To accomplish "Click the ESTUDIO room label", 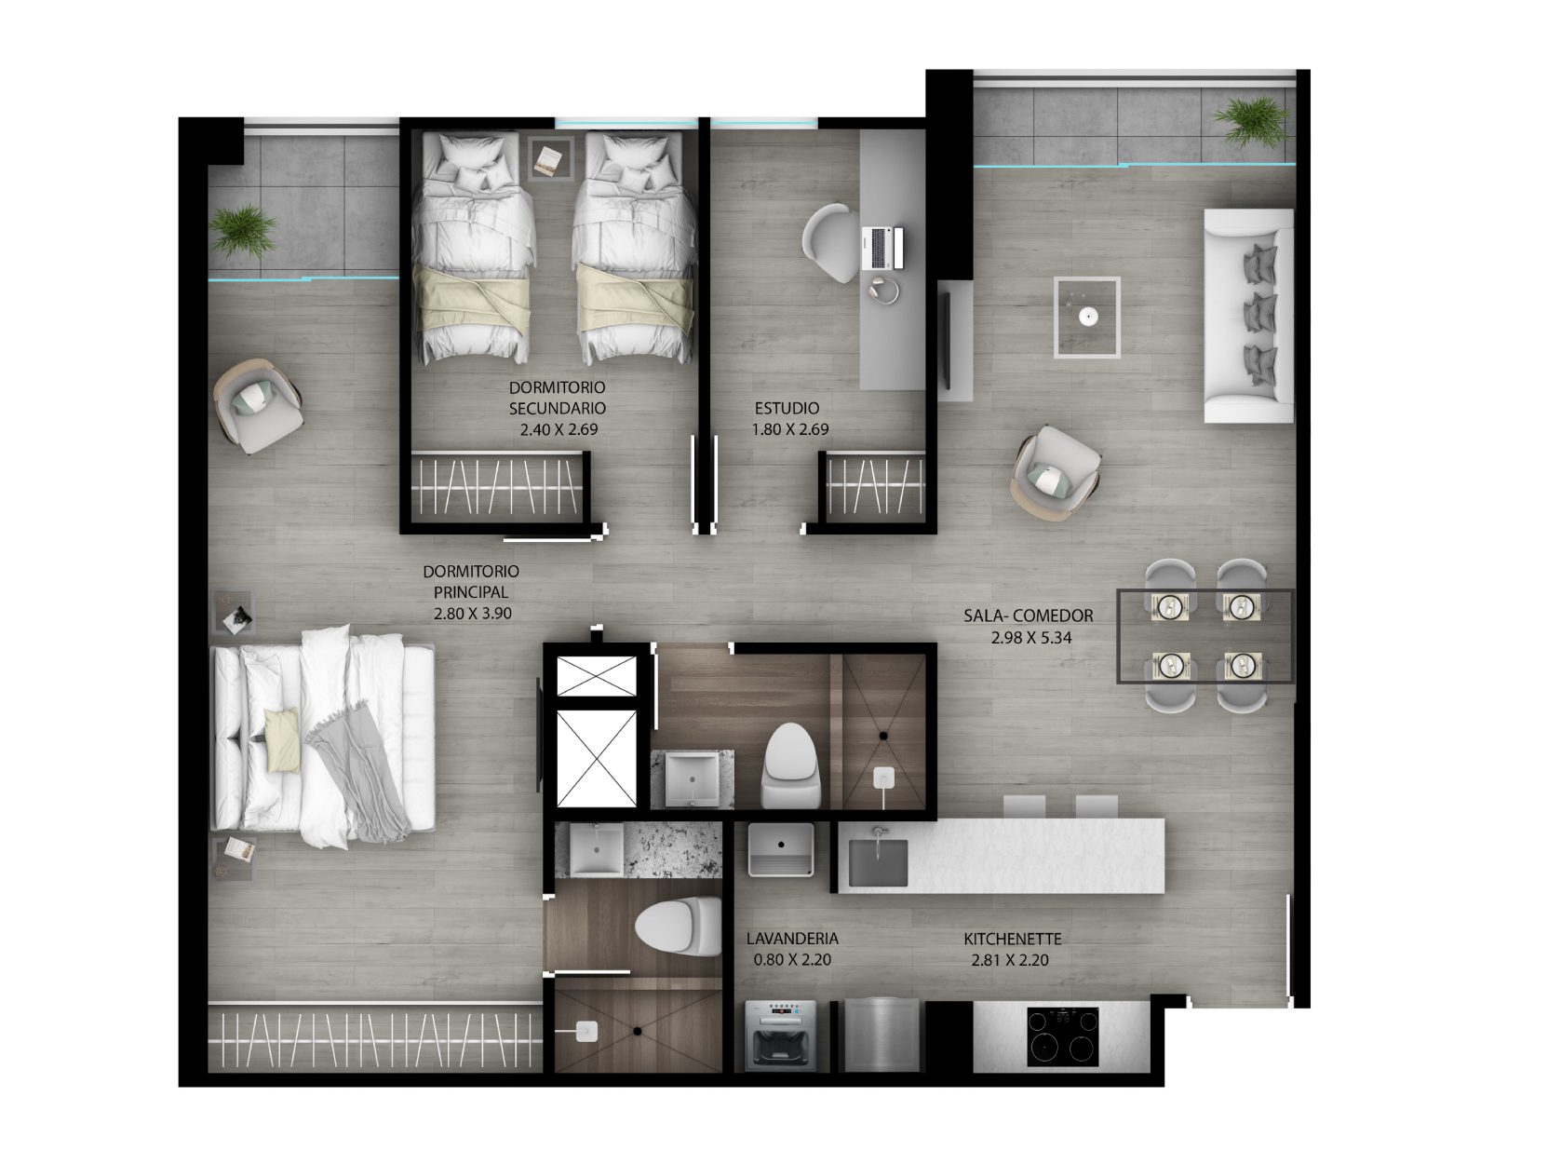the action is tap(787, 409).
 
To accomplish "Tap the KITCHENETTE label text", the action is tap(1012, 940).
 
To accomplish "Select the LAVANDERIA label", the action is tap(792, 939).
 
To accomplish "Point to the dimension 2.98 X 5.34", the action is tap(1031, 638).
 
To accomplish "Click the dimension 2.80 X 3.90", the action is tap(472, 614).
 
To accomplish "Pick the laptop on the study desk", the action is tap(881, 248).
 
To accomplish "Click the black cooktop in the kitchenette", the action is tap(1062, 1036).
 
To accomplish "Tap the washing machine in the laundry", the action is tap(780, 1035).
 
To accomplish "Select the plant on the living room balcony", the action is tap(1250, 122).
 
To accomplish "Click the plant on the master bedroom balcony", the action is tap(242, 231).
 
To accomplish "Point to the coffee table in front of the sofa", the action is tap(1086, 318).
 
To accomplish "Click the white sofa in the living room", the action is tap(1248, 315).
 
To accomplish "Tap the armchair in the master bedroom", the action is tap(258, 406).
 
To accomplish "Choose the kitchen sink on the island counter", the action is tap(879, 862).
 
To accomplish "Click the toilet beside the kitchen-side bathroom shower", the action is tap(791, 767).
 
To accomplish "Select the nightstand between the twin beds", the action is tap(550, 158).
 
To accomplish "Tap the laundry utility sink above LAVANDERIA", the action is tap(781, 849).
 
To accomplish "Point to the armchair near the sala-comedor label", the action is tap(1055, 472).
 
